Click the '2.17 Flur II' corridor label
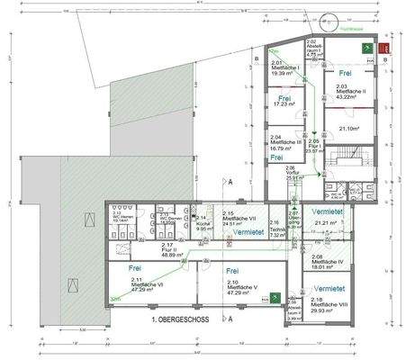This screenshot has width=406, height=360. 166,250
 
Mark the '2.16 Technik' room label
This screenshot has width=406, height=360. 276,229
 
